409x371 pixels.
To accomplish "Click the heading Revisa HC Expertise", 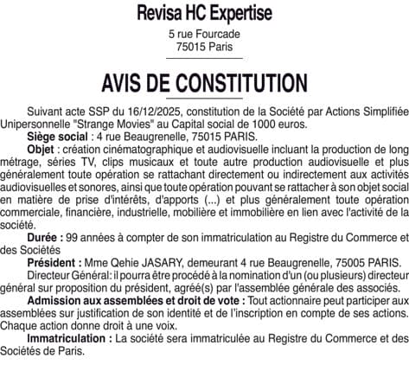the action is tap(204, 14).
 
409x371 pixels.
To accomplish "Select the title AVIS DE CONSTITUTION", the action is tap(204, 84).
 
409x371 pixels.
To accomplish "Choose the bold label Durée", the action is tap(44, 237).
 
